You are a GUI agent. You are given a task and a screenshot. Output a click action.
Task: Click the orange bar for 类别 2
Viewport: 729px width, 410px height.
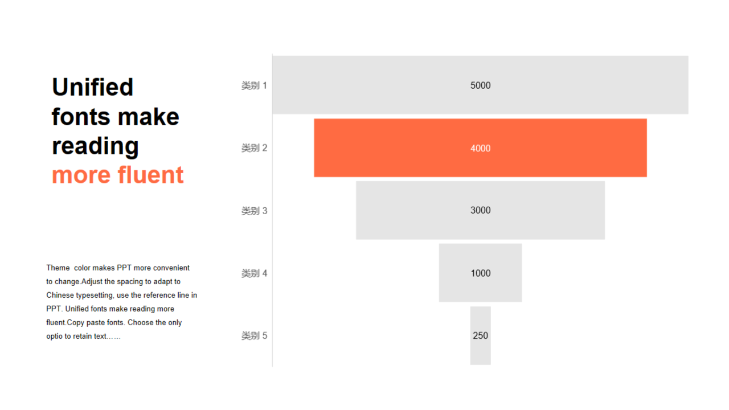(480, 147)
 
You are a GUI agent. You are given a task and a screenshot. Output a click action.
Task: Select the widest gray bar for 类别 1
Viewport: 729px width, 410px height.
(480, 85)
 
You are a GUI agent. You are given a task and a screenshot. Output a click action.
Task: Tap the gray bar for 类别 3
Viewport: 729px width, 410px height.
(480, 210)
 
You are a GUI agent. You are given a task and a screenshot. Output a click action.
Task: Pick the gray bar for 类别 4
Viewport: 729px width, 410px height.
(480, 273)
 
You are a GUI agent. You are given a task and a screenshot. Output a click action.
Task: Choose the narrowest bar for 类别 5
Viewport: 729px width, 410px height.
(480, 335)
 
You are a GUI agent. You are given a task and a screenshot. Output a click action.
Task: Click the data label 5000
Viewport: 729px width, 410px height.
(480, 85)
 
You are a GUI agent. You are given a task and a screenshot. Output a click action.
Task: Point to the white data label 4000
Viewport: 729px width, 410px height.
(480, 149)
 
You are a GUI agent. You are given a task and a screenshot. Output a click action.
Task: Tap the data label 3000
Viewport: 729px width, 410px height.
(480, 210)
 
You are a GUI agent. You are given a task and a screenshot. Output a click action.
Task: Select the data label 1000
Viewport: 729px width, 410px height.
(480, 273)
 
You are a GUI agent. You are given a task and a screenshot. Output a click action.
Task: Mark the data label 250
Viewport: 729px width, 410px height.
(480, 335)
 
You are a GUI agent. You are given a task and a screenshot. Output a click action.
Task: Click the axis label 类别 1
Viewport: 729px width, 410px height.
(254, 85)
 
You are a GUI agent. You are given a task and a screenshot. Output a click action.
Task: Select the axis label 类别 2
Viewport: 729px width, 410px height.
(254, 148)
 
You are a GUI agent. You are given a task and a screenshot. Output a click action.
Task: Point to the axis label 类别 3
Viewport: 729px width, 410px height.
(254, 211)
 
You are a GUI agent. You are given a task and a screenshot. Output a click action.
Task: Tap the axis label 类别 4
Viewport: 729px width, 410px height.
(254, 273)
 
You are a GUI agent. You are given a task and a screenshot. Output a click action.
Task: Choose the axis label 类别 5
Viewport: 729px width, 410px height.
(254, 335)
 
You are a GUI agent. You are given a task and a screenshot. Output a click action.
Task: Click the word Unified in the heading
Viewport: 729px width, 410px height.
(93, 87)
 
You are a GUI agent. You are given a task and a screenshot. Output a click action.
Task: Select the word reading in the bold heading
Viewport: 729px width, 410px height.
(95, 147)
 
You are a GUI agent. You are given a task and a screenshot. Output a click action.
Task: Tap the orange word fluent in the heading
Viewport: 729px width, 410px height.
(151, 175)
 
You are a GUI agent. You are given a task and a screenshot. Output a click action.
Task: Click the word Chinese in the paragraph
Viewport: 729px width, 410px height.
(60, 295)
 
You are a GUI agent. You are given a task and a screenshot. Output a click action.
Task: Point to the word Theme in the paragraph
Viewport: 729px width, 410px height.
(58, 268)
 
